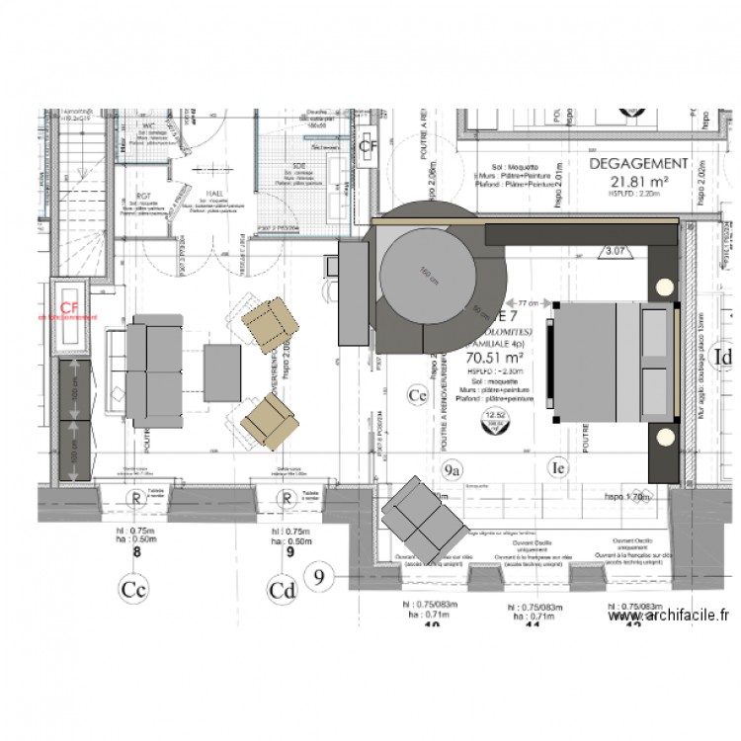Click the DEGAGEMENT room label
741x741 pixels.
637,163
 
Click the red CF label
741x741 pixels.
69,307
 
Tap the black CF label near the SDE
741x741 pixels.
368,147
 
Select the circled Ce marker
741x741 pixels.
417,396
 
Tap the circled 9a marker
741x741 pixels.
453,469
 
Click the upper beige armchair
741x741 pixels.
270,325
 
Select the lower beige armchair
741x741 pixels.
270,418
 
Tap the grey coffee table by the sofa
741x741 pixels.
222,370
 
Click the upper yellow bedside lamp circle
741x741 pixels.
663,288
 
